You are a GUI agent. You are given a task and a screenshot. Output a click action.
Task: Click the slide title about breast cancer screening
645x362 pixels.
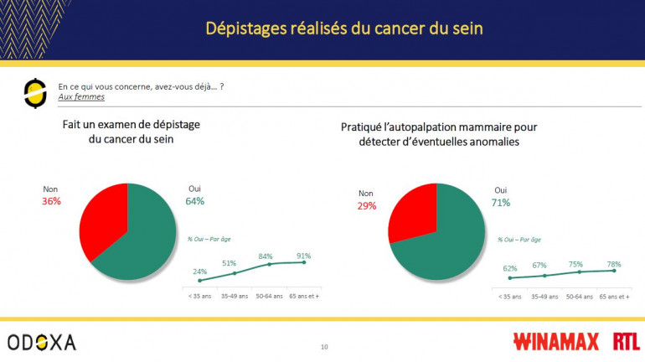[x=344, y=28]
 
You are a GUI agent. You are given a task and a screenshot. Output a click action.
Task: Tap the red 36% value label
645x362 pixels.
[x=51, y=201]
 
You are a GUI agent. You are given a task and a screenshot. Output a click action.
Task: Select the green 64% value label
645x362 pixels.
[x=194, y=201]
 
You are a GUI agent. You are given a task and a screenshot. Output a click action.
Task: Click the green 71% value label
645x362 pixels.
[x=501, y=203]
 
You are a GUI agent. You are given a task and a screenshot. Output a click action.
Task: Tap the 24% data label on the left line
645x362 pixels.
[x=200, y=271]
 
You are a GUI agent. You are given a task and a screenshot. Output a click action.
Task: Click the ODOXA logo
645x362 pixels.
[x=42, y=342]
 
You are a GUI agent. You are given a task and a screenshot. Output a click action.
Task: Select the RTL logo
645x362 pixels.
[x=626, y=342]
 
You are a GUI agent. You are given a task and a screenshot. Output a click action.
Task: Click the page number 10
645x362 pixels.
[x=325, y=346]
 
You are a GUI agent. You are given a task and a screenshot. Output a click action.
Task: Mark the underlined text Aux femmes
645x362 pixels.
[x=75, y=97]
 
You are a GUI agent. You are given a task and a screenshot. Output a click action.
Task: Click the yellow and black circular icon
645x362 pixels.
[x=34, y=93]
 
